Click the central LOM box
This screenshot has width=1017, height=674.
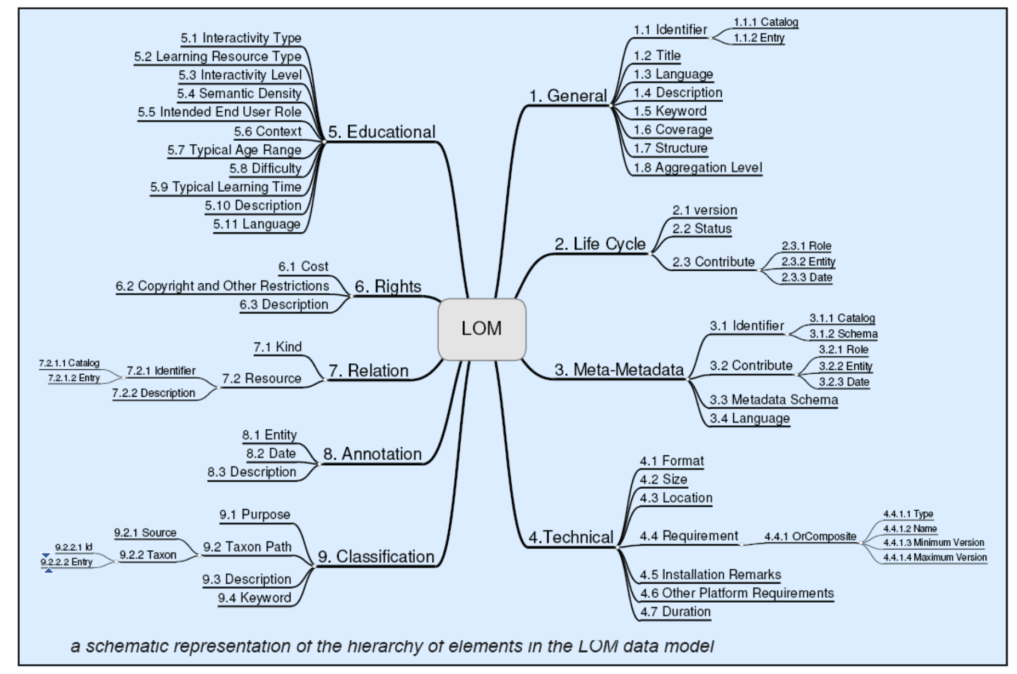tap(482, 329)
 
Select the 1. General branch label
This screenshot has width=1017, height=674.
tap(568, 96)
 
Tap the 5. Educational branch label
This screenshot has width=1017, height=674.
tap(382, 132)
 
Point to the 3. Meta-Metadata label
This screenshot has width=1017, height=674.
tap(619, 370)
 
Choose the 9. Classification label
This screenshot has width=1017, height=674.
tap(376, 557)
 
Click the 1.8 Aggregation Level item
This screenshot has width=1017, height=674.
tap(698, 168)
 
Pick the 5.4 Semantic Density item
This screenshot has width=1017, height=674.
tap(239, 94)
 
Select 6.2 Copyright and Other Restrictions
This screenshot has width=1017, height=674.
tap(222, 286)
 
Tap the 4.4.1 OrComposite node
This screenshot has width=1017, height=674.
tap(810, 536)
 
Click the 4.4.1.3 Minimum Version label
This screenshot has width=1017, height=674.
tap(933, 542)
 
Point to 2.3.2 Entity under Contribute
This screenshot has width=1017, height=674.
tap(808, 262)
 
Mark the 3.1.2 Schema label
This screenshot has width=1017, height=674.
tap(843, 334)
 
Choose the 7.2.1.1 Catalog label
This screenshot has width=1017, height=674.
tap(69, 363)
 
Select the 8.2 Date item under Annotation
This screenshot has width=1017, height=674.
tap(271, 454)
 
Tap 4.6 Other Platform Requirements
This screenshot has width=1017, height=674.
tap(736, 593)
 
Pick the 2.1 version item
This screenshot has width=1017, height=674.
tap(705, 210)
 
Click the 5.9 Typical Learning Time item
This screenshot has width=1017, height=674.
tap(226, 187)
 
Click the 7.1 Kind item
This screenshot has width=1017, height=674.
tap(277, 347)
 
